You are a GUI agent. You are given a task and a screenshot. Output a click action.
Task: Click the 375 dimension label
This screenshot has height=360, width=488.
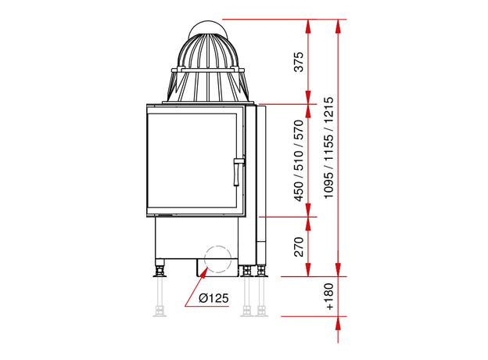coord(299,62)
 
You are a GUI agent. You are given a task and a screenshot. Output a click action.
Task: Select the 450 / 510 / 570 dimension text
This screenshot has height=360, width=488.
coord(299,160)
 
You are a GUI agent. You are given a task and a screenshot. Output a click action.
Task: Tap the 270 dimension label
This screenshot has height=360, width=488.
coord(299,247)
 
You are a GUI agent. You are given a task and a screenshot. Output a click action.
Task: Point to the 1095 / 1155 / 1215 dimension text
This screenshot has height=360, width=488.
coord(328,148)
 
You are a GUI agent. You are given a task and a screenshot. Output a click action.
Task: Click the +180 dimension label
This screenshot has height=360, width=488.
coord(329,297)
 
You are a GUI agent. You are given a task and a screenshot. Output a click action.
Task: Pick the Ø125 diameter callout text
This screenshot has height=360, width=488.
coord(213,298)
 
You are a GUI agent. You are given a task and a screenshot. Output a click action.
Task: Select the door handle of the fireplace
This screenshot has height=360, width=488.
coord(238,171)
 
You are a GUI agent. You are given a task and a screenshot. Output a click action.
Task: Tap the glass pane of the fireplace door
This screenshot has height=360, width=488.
coord(192,160)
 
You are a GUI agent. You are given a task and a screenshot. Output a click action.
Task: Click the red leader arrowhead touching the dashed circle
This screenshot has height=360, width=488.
coord(204,272)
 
